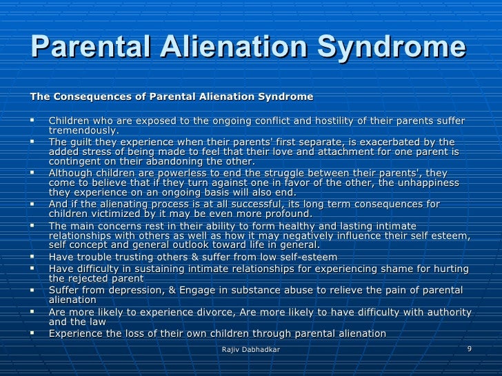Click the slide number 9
(470, 349)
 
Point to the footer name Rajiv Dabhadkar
(251, 351)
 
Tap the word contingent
(74, 162)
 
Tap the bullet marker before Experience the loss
(34, 333)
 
